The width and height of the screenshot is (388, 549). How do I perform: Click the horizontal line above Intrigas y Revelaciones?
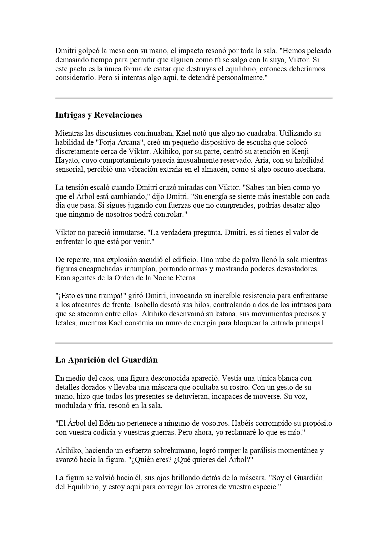194,98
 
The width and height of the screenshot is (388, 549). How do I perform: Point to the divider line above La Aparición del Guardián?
194,343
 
